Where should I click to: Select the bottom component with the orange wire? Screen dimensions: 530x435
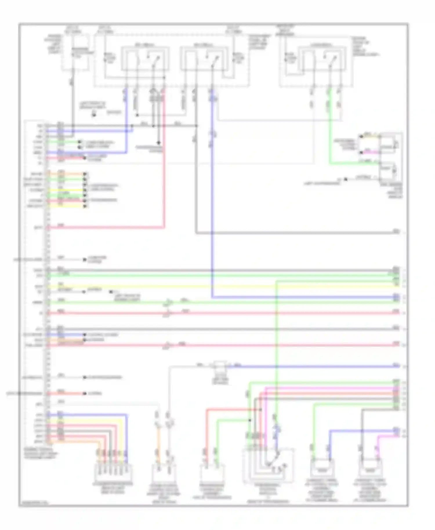click(x=164, y=473)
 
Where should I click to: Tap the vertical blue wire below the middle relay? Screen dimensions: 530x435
click(x=213, y=203)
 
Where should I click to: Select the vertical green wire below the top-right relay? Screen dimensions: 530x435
click(x=330, y=130)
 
